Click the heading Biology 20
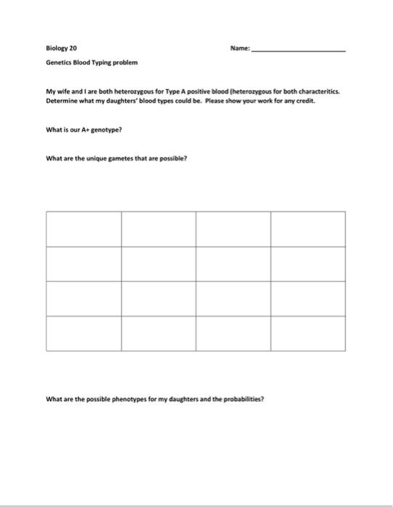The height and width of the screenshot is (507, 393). [61, 49]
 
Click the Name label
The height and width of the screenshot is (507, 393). [239, 49]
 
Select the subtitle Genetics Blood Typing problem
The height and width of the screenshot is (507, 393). [91, 63]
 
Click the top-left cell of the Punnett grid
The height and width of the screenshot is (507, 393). [83, 229]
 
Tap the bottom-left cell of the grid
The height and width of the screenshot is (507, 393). [83, 333]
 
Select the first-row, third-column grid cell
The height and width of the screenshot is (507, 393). [233, 229]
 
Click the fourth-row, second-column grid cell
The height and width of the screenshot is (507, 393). [159, 333]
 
